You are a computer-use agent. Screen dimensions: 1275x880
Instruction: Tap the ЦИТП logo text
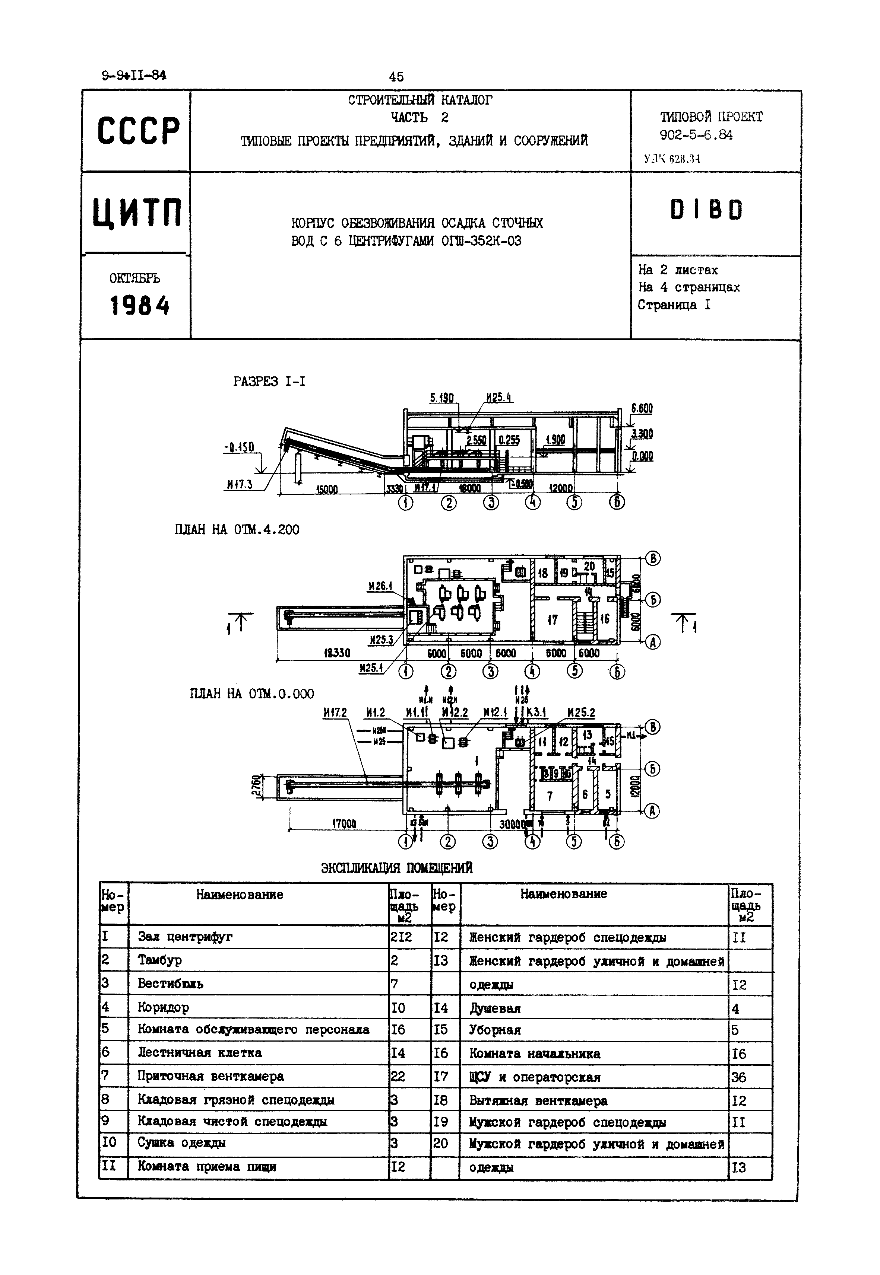(x=136, y=213)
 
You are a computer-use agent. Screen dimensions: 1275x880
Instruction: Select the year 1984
(x=139, y=305)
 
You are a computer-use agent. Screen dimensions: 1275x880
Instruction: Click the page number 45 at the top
(x=396, y=77)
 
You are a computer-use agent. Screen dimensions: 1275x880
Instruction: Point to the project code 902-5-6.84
(x=696, y=135)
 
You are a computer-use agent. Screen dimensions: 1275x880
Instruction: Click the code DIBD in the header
(x=706, y=210)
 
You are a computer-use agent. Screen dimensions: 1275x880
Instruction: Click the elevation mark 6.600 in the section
(x=641, y=408)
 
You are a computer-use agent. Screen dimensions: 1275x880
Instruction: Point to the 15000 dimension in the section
(x=326, y=489)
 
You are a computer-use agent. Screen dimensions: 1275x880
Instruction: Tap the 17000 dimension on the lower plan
(x=344, y=824)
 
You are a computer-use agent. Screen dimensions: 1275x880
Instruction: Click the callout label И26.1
(x=380, y=586)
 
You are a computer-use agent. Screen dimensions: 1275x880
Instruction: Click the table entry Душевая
(x=495, y=1008)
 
